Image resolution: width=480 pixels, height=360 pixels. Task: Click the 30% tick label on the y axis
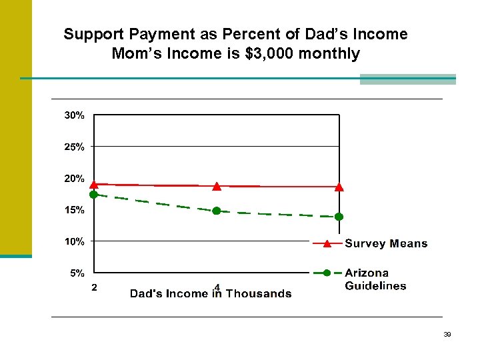[x=74, y=115]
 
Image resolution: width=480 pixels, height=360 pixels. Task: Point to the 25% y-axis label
[x=74, y=147]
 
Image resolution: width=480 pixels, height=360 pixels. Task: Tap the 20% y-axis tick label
[x=74, y=179]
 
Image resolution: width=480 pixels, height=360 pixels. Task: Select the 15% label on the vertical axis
[x=74, y=210]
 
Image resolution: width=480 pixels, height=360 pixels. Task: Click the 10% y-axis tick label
[x=74, y=241]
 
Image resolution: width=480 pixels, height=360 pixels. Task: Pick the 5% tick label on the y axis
[x=77, y=273]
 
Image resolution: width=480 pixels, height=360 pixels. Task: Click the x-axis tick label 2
[x=94, y=288]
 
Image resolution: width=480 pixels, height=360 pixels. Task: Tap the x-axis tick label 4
[x=217, y=288]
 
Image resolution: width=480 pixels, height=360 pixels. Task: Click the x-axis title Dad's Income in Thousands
[x=210, y=293]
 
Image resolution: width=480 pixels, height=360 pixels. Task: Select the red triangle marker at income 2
[x=94, y=184]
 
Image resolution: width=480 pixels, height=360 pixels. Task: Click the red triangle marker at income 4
[x=217, y=186]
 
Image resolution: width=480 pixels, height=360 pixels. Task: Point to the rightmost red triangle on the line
[x=339, y=187]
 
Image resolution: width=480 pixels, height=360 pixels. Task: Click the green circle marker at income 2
[x=94, y=195]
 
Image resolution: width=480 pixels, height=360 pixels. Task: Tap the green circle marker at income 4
[x=217, y=211]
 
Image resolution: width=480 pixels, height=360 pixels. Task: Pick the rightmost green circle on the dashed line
[x=339, y=217]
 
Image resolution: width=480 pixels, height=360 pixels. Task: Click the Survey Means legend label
[x=385, y=243]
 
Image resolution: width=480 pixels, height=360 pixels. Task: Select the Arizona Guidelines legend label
[x=375, y=279]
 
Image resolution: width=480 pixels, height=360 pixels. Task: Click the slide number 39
[x=447, y=335]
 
